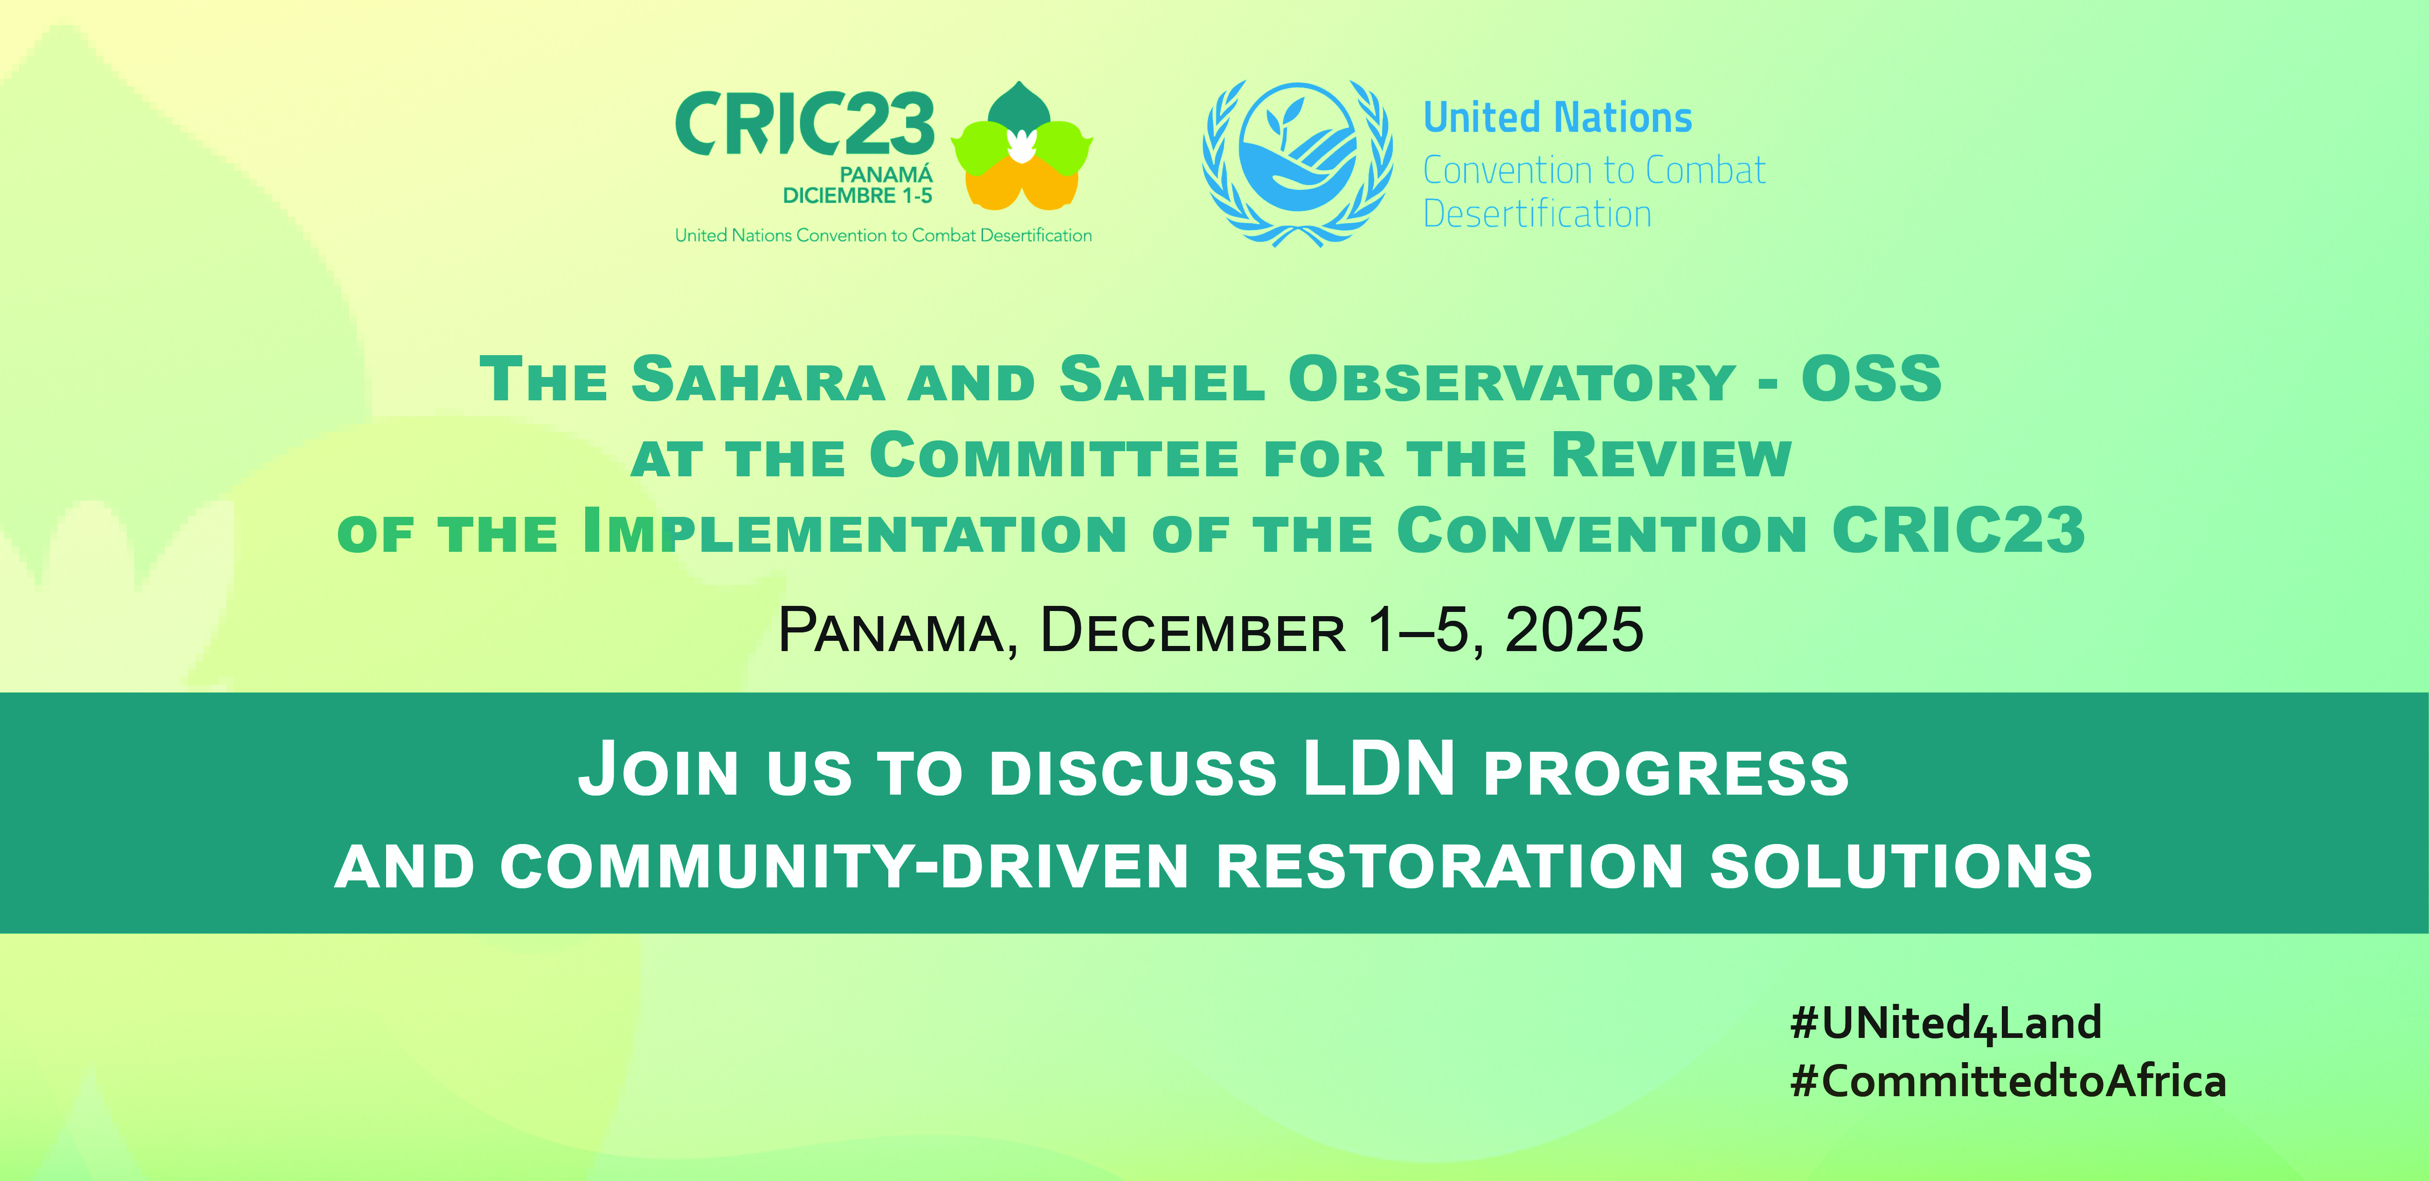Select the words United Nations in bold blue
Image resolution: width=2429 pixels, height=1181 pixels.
click(1558, 118)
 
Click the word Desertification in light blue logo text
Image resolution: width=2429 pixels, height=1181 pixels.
click(1537, 214)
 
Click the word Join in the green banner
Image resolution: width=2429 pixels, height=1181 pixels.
click(658, 771)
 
